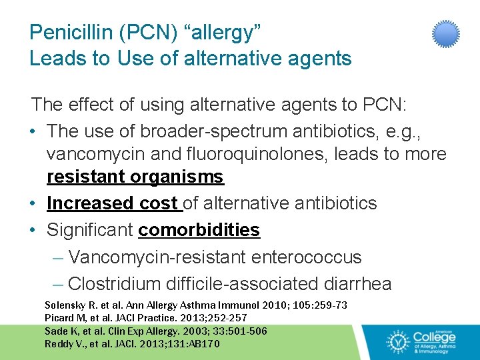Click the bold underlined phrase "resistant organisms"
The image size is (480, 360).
tap(135, 177)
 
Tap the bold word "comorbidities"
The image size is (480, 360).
tap(199, 230)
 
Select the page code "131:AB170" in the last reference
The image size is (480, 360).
tap(199, 344)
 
